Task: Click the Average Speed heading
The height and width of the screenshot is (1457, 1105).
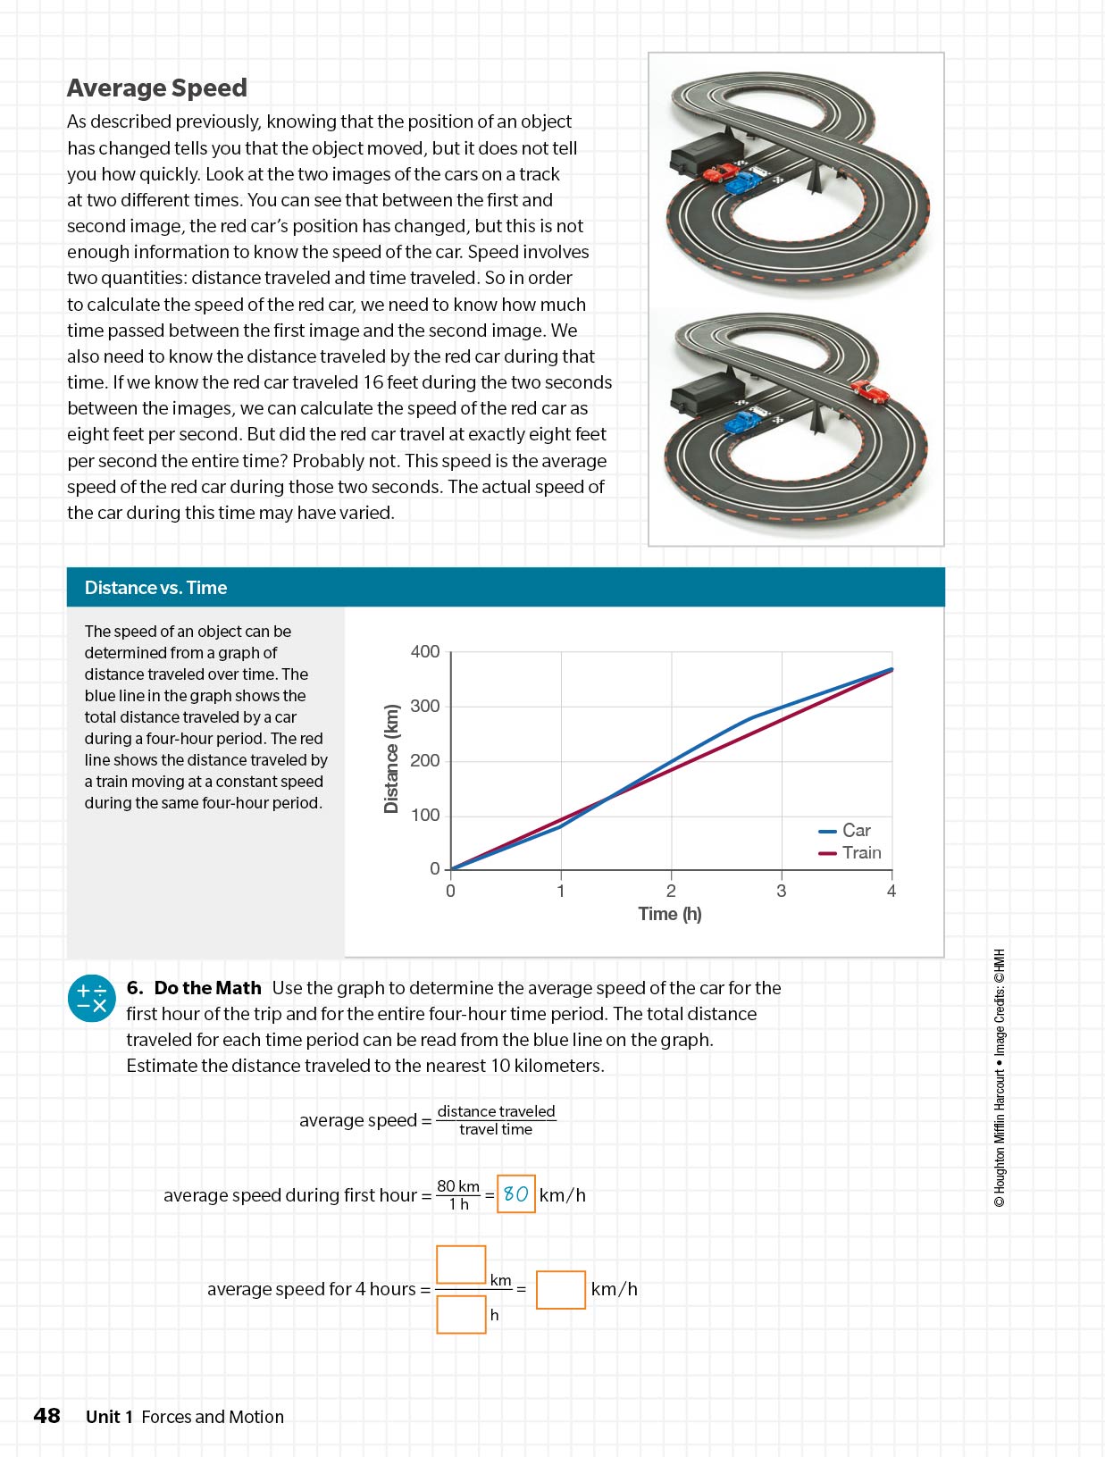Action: pyautogui.click(x=156, y=88)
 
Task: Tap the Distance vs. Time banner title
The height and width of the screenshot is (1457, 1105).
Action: pyautogui.click(x=155, y=588)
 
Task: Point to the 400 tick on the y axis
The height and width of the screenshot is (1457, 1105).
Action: pyautogui.click(x=425, y=652)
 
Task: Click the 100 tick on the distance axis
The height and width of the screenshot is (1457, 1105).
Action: pyautogui.click(x=425, y=815)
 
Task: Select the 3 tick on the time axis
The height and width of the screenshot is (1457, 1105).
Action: pyautogui.click(x=782, y=891)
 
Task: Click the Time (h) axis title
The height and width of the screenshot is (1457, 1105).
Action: pyautogui.click(x=670, y=914)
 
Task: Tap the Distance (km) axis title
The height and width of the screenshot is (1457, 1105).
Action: pyautogui.click(x=391, y=759)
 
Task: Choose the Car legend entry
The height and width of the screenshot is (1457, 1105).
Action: pyautogui.click(x=856, y=831)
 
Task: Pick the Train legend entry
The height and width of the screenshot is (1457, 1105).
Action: pyautogui.click(x=861, y=853)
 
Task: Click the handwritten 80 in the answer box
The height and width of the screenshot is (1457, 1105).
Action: pyautogui.click(x=516, y=1194)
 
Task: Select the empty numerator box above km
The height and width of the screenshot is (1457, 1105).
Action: pyautogui.click(x=461, y=1264)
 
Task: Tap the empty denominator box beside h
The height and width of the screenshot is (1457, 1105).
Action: pyautogui.click(x=461, y=1315)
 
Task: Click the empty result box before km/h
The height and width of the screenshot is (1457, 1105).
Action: pyautogui.click(x=560, y=1290)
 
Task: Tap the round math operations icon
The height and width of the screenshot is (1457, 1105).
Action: pyautogui.click(x=92, y=998)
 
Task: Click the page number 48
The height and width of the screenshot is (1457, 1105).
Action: pyautogui.click(x=46, y=1416)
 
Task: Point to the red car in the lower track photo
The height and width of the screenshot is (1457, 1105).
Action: pyautogui.click(x=868, y=390)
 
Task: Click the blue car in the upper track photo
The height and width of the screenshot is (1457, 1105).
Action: pyautogui.click(x=741, y=183)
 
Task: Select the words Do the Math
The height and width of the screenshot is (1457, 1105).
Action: pyautogui.click(x=207, y=988)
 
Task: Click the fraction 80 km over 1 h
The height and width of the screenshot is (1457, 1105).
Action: pyautogui.click(x=458, y=1194)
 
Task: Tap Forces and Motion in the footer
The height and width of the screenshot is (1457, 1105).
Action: pyautogui.click(x=213, y=1417)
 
